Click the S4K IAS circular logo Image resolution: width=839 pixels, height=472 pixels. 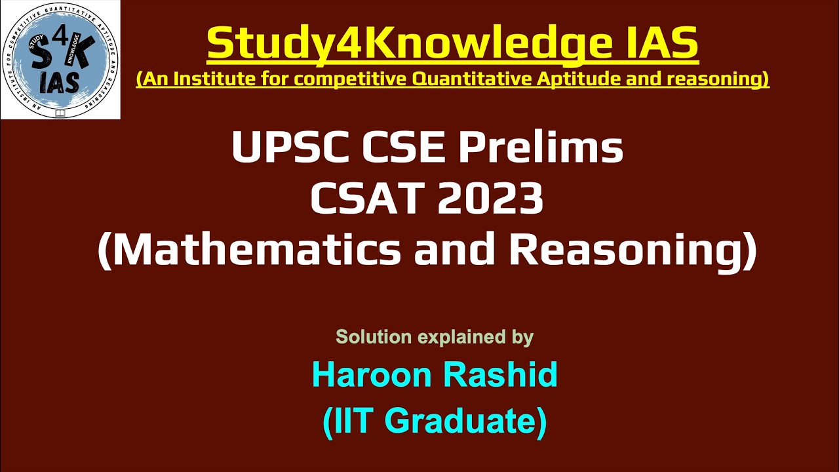[60, 60]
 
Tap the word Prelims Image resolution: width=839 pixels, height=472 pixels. [540, 149]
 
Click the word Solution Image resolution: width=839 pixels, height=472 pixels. [374, 337]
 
